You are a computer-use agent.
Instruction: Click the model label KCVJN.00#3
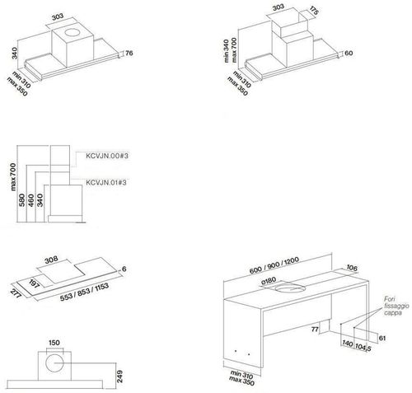pos(107,156)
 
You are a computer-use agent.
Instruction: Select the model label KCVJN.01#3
pos(106,183)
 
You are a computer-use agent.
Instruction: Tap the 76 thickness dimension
pos(129,53)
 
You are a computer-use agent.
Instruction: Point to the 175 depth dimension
pos(314,11)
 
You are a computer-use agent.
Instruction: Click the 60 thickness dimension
pos(349,53)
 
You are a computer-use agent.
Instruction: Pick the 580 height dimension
pos(22,199)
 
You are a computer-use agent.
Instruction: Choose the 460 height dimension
pos(31,200)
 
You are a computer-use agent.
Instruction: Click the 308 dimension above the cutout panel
pos(51,260)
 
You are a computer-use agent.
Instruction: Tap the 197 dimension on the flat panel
pos(35,283)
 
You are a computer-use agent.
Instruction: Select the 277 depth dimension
pos(16,293)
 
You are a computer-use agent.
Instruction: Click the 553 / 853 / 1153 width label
pos(84,292)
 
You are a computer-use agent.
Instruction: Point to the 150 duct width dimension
pos(54,343)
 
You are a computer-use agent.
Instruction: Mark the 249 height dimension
pos(119,377)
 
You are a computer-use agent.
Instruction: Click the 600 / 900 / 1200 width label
pos(274,265)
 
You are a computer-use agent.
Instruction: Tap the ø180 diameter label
pos(269,281)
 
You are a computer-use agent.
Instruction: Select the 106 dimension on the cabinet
pos(352,268)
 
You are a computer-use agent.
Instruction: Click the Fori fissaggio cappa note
pos(396,306)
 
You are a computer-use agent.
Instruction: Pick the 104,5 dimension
pos(363,348)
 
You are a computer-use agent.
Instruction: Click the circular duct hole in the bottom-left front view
pos(54,363)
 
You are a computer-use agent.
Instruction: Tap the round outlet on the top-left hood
pos(73,33)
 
